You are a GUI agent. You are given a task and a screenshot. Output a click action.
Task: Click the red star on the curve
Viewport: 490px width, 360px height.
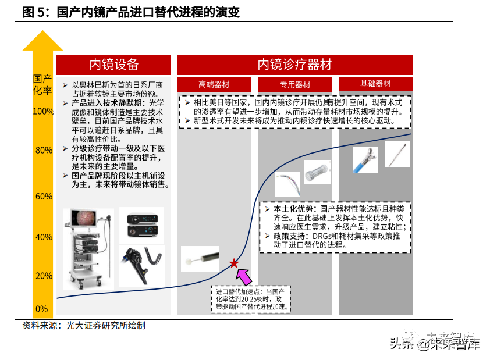(x=234, y=263)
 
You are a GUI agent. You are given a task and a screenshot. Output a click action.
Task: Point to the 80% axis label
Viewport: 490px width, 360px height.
(x=44, y=151)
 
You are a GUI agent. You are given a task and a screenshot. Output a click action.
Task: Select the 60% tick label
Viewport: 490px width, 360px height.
(x=44, y=197)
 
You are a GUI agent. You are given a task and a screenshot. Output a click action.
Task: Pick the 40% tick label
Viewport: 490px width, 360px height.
(x=44, y=237)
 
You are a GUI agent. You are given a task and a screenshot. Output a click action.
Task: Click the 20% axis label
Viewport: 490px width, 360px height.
(x=44, y=276)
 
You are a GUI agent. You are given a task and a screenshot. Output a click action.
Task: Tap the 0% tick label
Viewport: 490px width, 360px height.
(x=41, y=309)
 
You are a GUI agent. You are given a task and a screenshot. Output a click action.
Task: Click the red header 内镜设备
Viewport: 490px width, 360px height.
(x=114, y=65)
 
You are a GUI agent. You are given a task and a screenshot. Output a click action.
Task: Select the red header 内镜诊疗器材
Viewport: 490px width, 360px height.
(x=294, y=65)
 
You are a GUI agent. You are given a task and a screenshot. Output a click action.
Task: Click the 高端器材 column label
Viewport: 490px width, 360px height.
(x=214, y=84)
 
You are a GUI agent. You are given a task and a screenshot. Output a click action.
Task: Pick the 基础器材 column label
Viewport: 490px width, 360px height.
(x=375, y=84)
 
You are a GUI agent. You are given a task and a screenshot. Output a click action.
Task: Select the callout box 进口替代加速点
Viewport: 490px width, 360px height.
(x=251, y=299)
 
